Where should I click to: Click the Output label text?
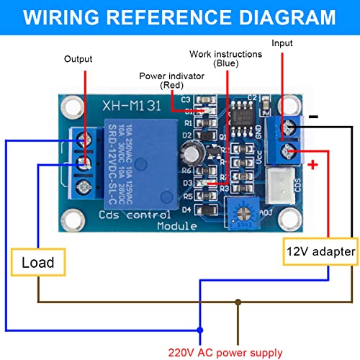[x=79, y=59]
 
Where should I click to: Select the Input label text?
[x=282, y=43]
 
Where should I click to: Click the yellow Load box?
[x=37, y=262]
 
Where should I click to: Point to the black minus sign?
[x=314, y=117]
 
